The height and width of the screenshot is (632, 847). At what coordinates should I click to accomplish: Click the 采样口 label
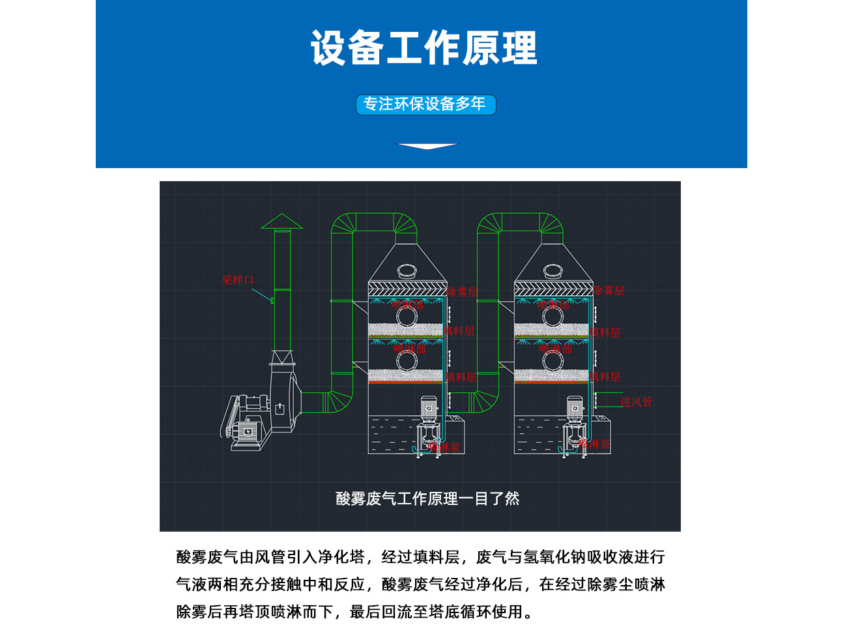238,280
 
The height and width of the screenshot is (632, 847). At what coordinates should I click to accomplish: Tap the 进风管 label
636,402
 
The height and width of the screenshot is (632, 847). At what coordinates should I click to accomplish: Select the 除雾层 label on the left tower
462,292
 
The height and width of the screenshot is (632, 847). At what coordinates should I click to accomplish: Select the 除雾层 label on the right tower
609,291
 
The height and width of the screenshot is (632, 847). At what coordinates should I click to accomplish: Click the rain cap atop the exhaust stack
281,222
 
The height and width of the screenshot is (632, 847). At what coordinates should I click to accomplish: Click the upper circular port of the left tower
407,315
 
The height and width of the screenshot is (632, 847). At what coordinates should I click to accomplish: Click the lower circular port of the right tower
553,360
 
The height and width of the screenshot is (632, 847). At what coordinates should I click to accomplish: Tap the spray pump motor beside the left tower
429,409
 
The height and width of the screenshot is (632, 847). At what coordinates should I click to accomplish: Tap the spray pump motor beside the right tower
575,409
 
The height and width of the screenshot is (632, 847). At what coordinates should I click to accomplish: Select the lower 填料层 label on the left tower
461,377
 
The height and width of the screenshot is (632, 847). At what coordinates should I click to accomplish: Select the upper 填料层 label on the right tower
605,333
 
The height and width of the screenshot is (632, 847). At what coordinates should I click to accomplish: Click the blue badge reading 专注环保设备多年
425,104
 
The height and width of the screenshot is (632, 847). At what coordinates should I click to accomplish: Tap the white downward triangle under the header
427,146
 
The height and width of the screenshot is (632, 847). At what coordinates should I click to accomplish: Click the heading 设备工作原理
423,48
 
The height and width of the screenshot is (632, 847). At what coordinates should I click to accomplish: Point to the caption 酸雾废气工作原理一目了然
427,498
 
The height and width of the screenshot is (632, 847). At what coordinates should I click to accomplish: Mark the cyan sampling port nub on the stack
271,300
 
